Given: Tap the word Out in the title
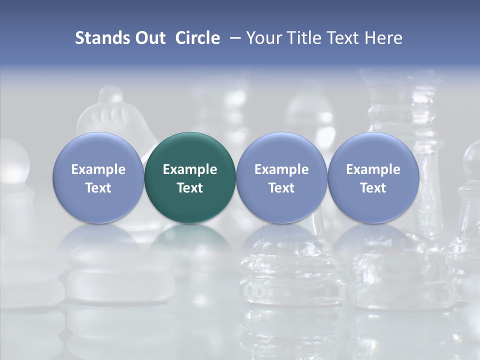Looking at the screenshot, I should point(149,38).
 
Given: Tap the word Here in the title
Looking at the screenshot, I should point(384,38).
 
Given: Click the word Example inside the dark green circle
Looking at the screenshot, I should point(190,169).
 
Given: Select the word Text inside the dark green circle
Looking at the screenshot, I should point(190,188).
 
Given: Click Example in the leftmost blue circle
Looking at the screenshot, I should point(98,169).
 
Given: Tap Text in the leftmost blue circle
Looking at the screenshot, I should point(98,188).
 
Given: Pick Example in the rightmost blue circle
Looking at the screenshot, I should point(373,169).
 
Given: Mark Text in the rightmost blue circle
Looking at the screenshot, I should point(373,188).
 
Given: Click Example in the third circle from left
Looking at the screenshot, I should point(281,169).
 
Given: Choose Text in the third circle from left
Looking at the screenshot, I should point(281,188).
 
